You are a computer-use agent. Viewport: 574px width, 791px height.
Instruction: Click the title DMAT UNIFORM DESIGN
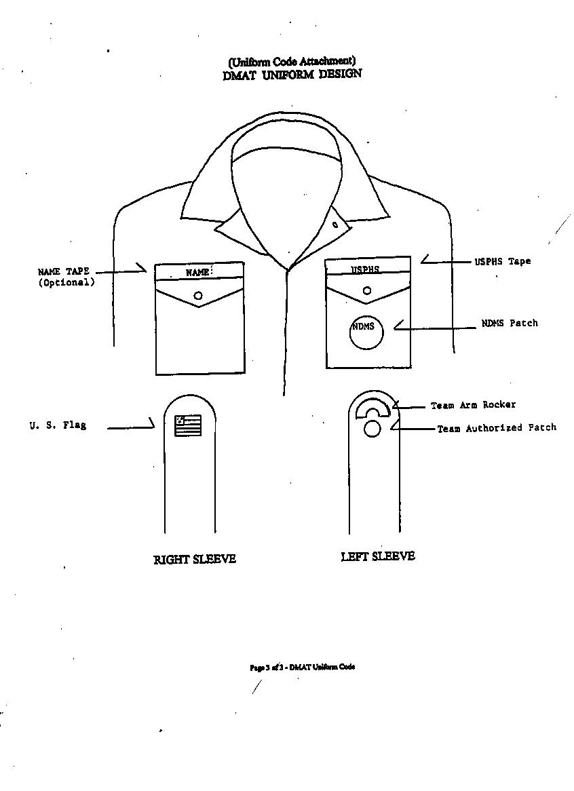292,74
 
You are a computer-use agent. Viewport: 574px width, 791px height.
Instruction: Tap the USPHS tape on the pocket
367,268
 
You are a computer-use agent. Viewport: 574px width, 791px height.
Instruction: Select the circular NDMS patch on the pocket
366,332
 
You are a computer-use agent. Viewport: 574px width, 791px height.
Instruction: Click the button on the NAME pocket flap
198,295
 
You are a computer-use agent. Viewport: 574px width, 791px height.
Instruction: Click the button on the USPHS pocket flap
367,290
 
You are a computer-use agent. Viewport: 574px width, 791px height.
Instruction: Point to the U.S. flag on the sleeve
188,425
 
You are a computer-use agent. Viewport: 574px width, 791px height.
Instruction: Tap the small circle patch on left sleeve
372,429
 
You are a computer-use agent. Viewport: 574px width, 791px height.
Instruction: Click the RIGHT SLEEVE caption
195,559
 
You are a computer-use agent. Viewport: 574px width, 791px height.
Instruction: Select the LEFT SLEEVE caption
378,556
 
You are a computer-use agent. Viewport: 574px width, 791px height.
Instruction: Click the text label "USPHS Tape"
502,261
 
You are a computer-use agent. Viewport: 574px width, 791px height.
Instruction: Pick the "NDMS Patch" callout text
510,323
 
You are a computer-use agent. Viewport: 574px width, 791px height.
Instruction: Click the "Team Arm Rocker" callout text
473,405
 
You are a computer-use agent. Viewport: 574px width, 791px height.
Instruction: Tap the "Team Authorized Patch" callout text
497,428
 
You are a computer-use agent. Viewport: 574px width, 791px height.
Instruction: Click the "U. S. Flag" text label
58,425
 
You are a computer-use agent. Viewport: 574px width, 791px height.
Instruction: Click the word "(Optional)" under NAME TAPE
66,282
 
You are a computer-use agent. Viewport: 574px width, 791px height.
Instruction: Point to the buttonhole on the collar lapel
335,225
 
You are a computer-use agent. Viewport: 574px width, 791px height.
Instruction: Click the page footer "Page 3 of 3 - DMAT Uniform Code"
302,667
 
